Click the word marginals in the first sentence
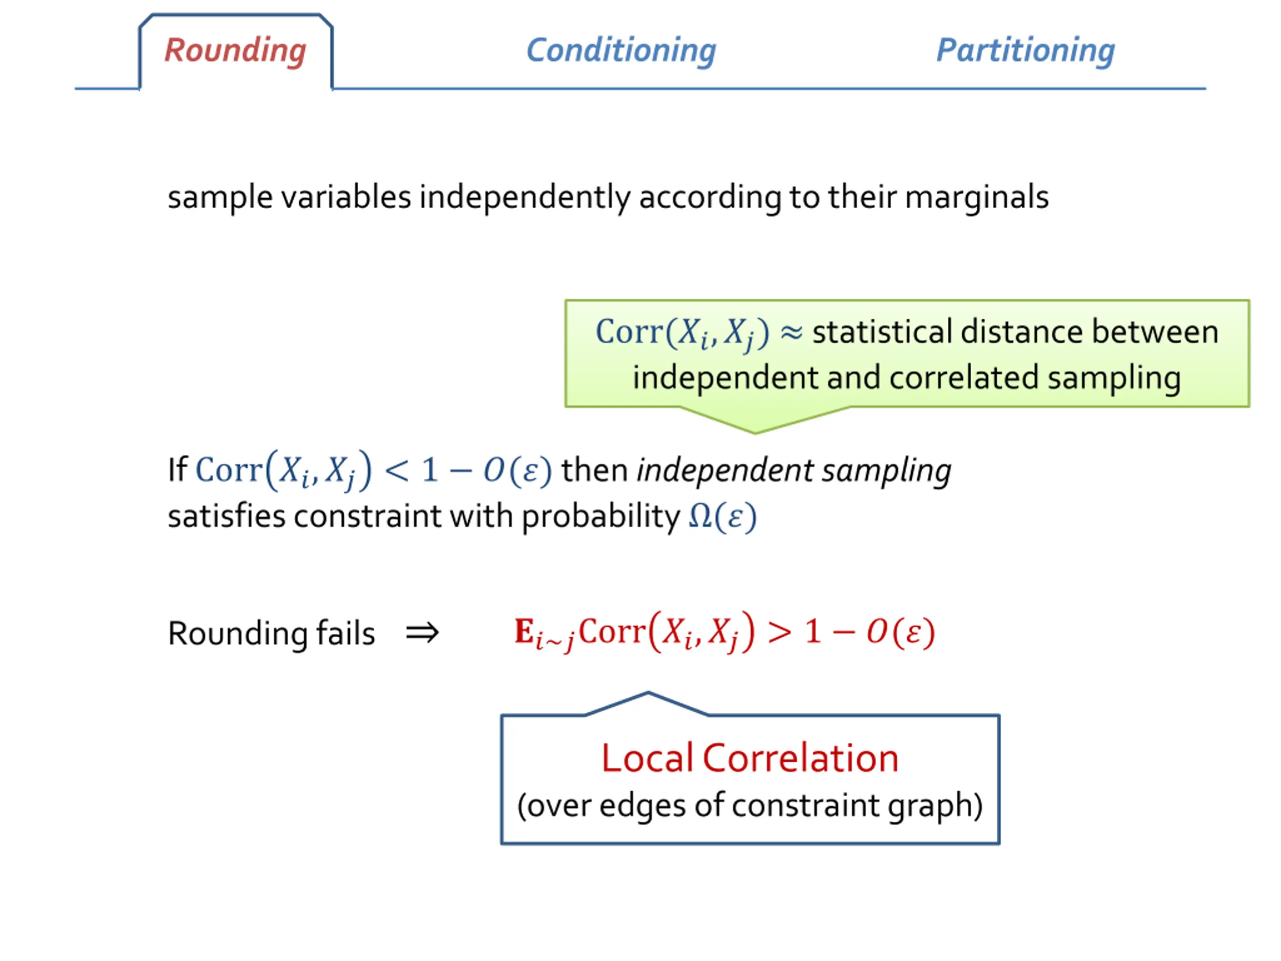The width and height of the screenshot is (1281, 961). click(976, 198)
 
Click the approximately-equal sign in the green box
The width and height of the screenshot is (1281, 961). click(791, 332)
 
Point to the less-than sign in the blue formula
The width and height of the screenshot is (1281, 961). click(397, 470)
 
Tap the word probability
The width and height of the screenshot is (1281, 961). click(600, 517)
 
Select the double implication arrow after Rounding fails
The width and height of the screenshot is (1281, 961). click(422, 633)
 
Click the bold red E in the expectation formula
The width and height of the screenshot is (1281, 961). click(523, 631)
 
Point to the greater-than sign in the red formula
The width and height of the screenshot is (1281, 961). click(780, 632)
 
